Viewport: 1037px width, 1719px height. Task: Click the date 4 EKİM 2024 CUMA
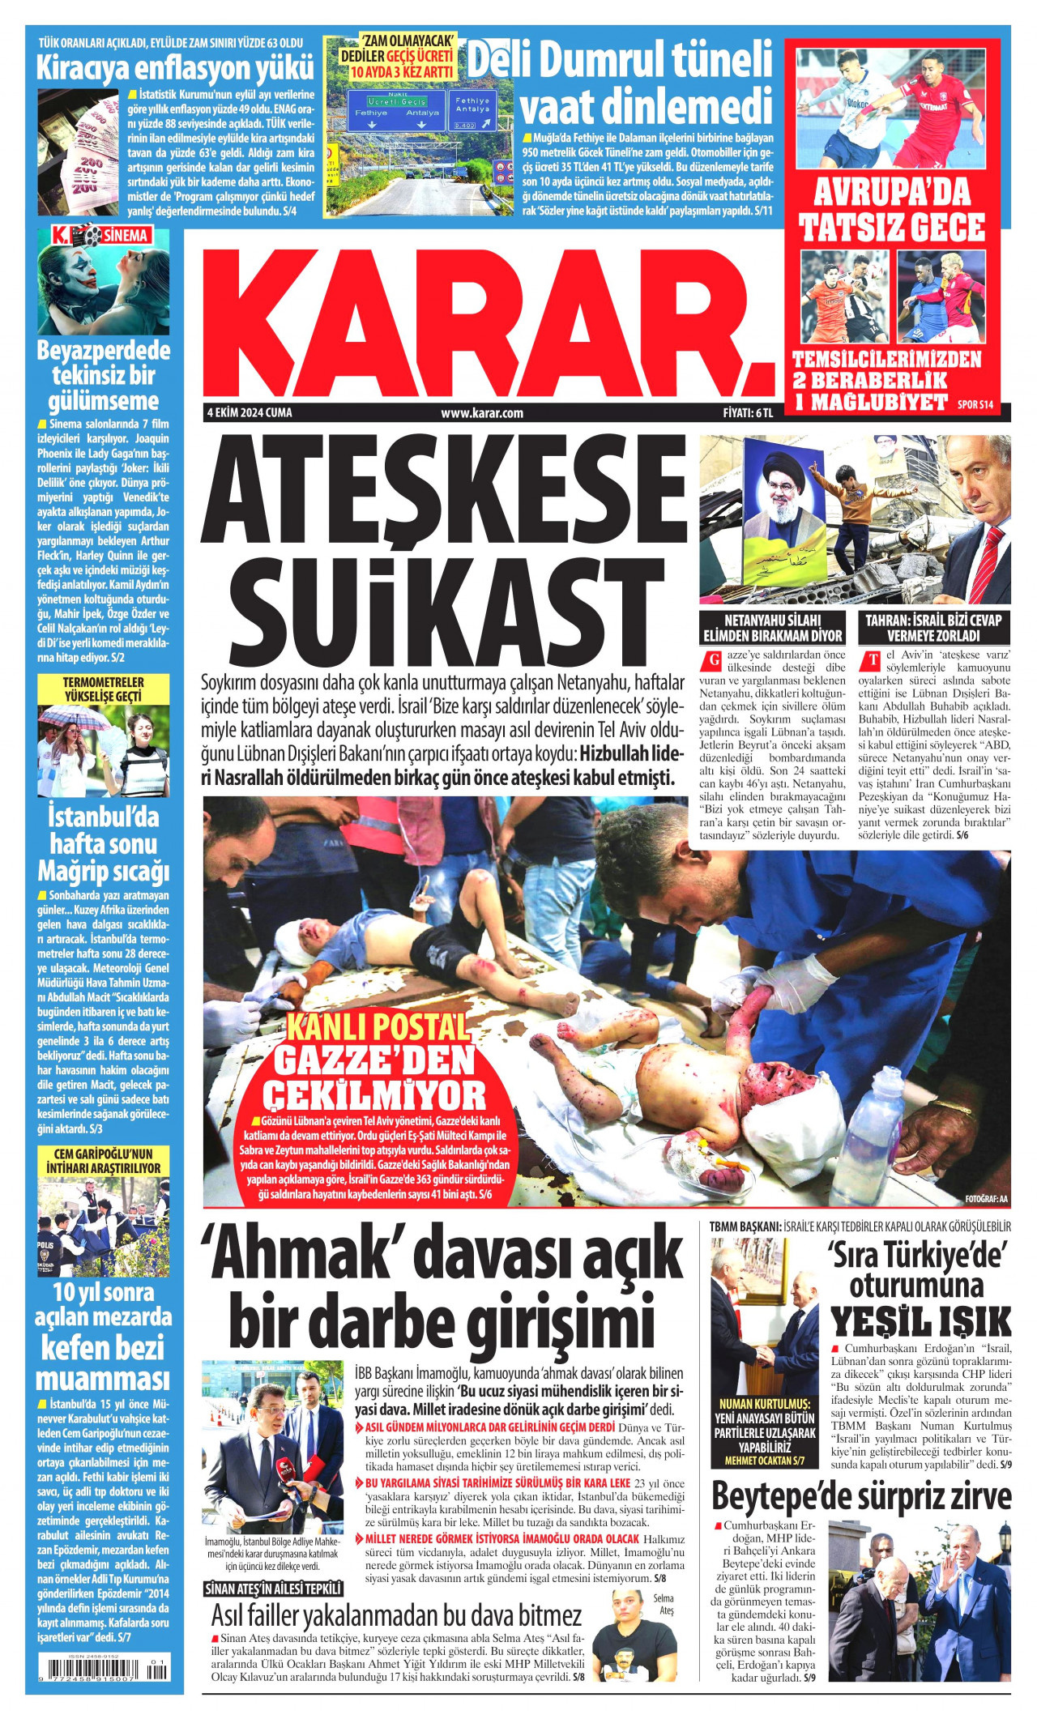(249, 413)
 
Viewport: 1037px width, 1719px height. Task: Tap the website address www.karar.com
(482, 413)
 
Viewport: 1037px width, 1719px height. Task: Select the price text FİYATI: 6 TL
(748, 413)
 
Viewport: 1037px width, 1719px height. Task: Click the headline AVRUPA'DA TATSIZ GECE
(893, 210)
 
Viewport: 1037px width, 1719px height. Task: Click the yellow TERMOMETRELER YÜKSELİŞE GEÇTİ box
(103, 689)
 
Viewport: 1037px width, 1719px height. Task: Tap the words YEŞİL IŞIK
(922, 1320)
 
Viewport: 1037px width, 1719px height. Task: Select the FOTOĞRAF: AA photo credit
(986, 1198)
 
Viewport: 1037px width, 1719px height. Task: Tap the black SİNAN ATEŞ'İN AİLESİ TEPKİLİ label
(273, 1590)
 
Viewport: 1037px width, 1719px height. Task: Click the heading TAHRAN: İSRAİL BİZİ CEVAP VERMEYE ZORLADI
(933, 627)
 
